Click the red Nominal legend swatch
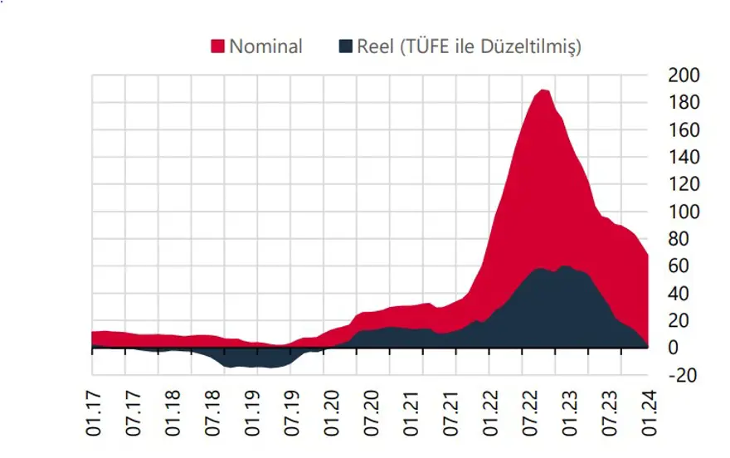pos(219,46)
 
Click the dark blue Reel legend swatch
pos(345,46)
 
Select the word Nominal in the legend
pos(265,46)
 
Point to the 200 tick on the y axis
pos(684,76)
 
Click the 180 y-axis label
pos(684,103)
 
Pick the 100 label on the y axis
pos(684,212)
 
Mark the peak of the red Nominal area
pos(543,90)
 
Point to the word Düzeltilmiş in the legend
pos(533,46)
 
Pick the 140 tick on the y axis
pos(684,158)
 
